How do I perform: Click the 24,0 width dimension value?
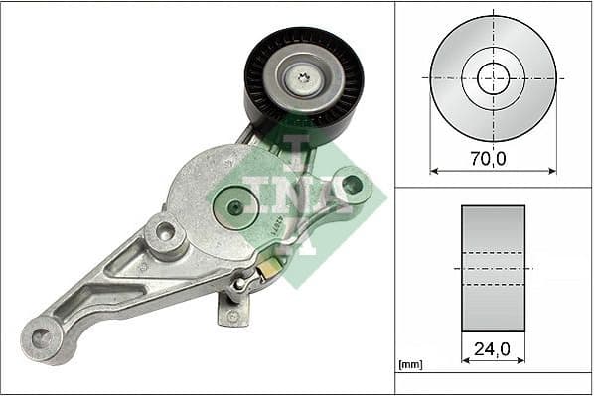coord(493,348)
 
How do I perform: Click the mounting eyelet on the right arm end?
coord(351,185)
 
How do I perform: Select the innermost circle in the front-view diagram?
coord(493,78)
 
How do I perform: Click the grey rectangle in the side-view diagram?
coord(493,268)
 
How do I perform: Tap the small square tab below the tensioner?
coord(231,312)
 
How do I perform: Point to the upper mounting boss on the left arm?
coord(164,233)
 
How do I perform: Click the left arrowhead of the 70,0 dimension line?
coord(433,170)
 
